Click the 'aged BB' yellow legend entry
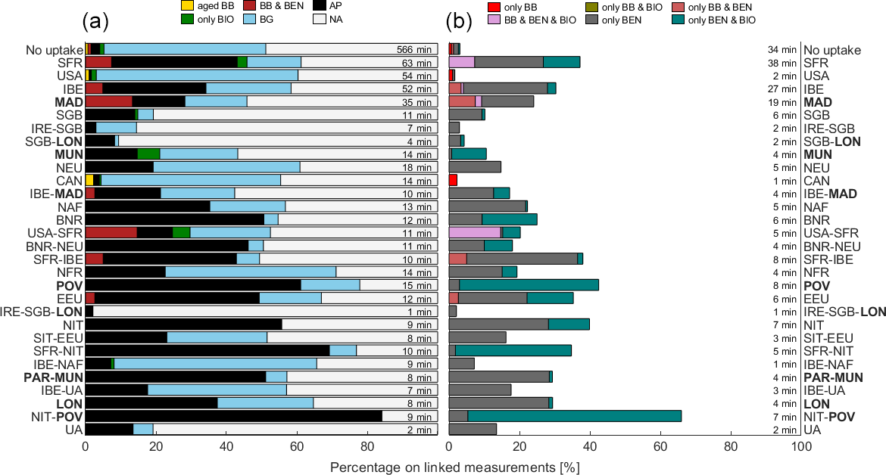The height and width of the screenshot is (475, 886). pyautogui.click(x=201, y=6)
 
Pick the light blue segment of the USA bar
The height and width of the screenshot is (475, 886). pyautogui.click(x=197, y=76)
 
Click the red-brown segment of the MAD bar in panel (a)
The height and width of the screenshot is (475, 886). pyautogui.click(x=108, y=102)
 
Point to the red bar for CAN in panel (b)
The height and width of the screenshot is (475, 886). pyautogui.click(x=453, y=180)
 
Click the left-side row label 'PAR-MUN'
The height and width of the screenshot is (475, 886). pyautogui.click(x=53, y=377)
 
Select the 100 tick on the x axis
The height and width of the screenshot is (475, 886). pyautogui.click(x=801, y=446)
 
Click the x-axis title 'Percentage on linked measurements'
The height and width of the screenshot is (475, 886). pyautogui.click(x=454, y=467)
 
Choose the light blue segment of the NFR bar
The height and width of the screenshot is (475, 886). pyautogui.click(x=250, y=272)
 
